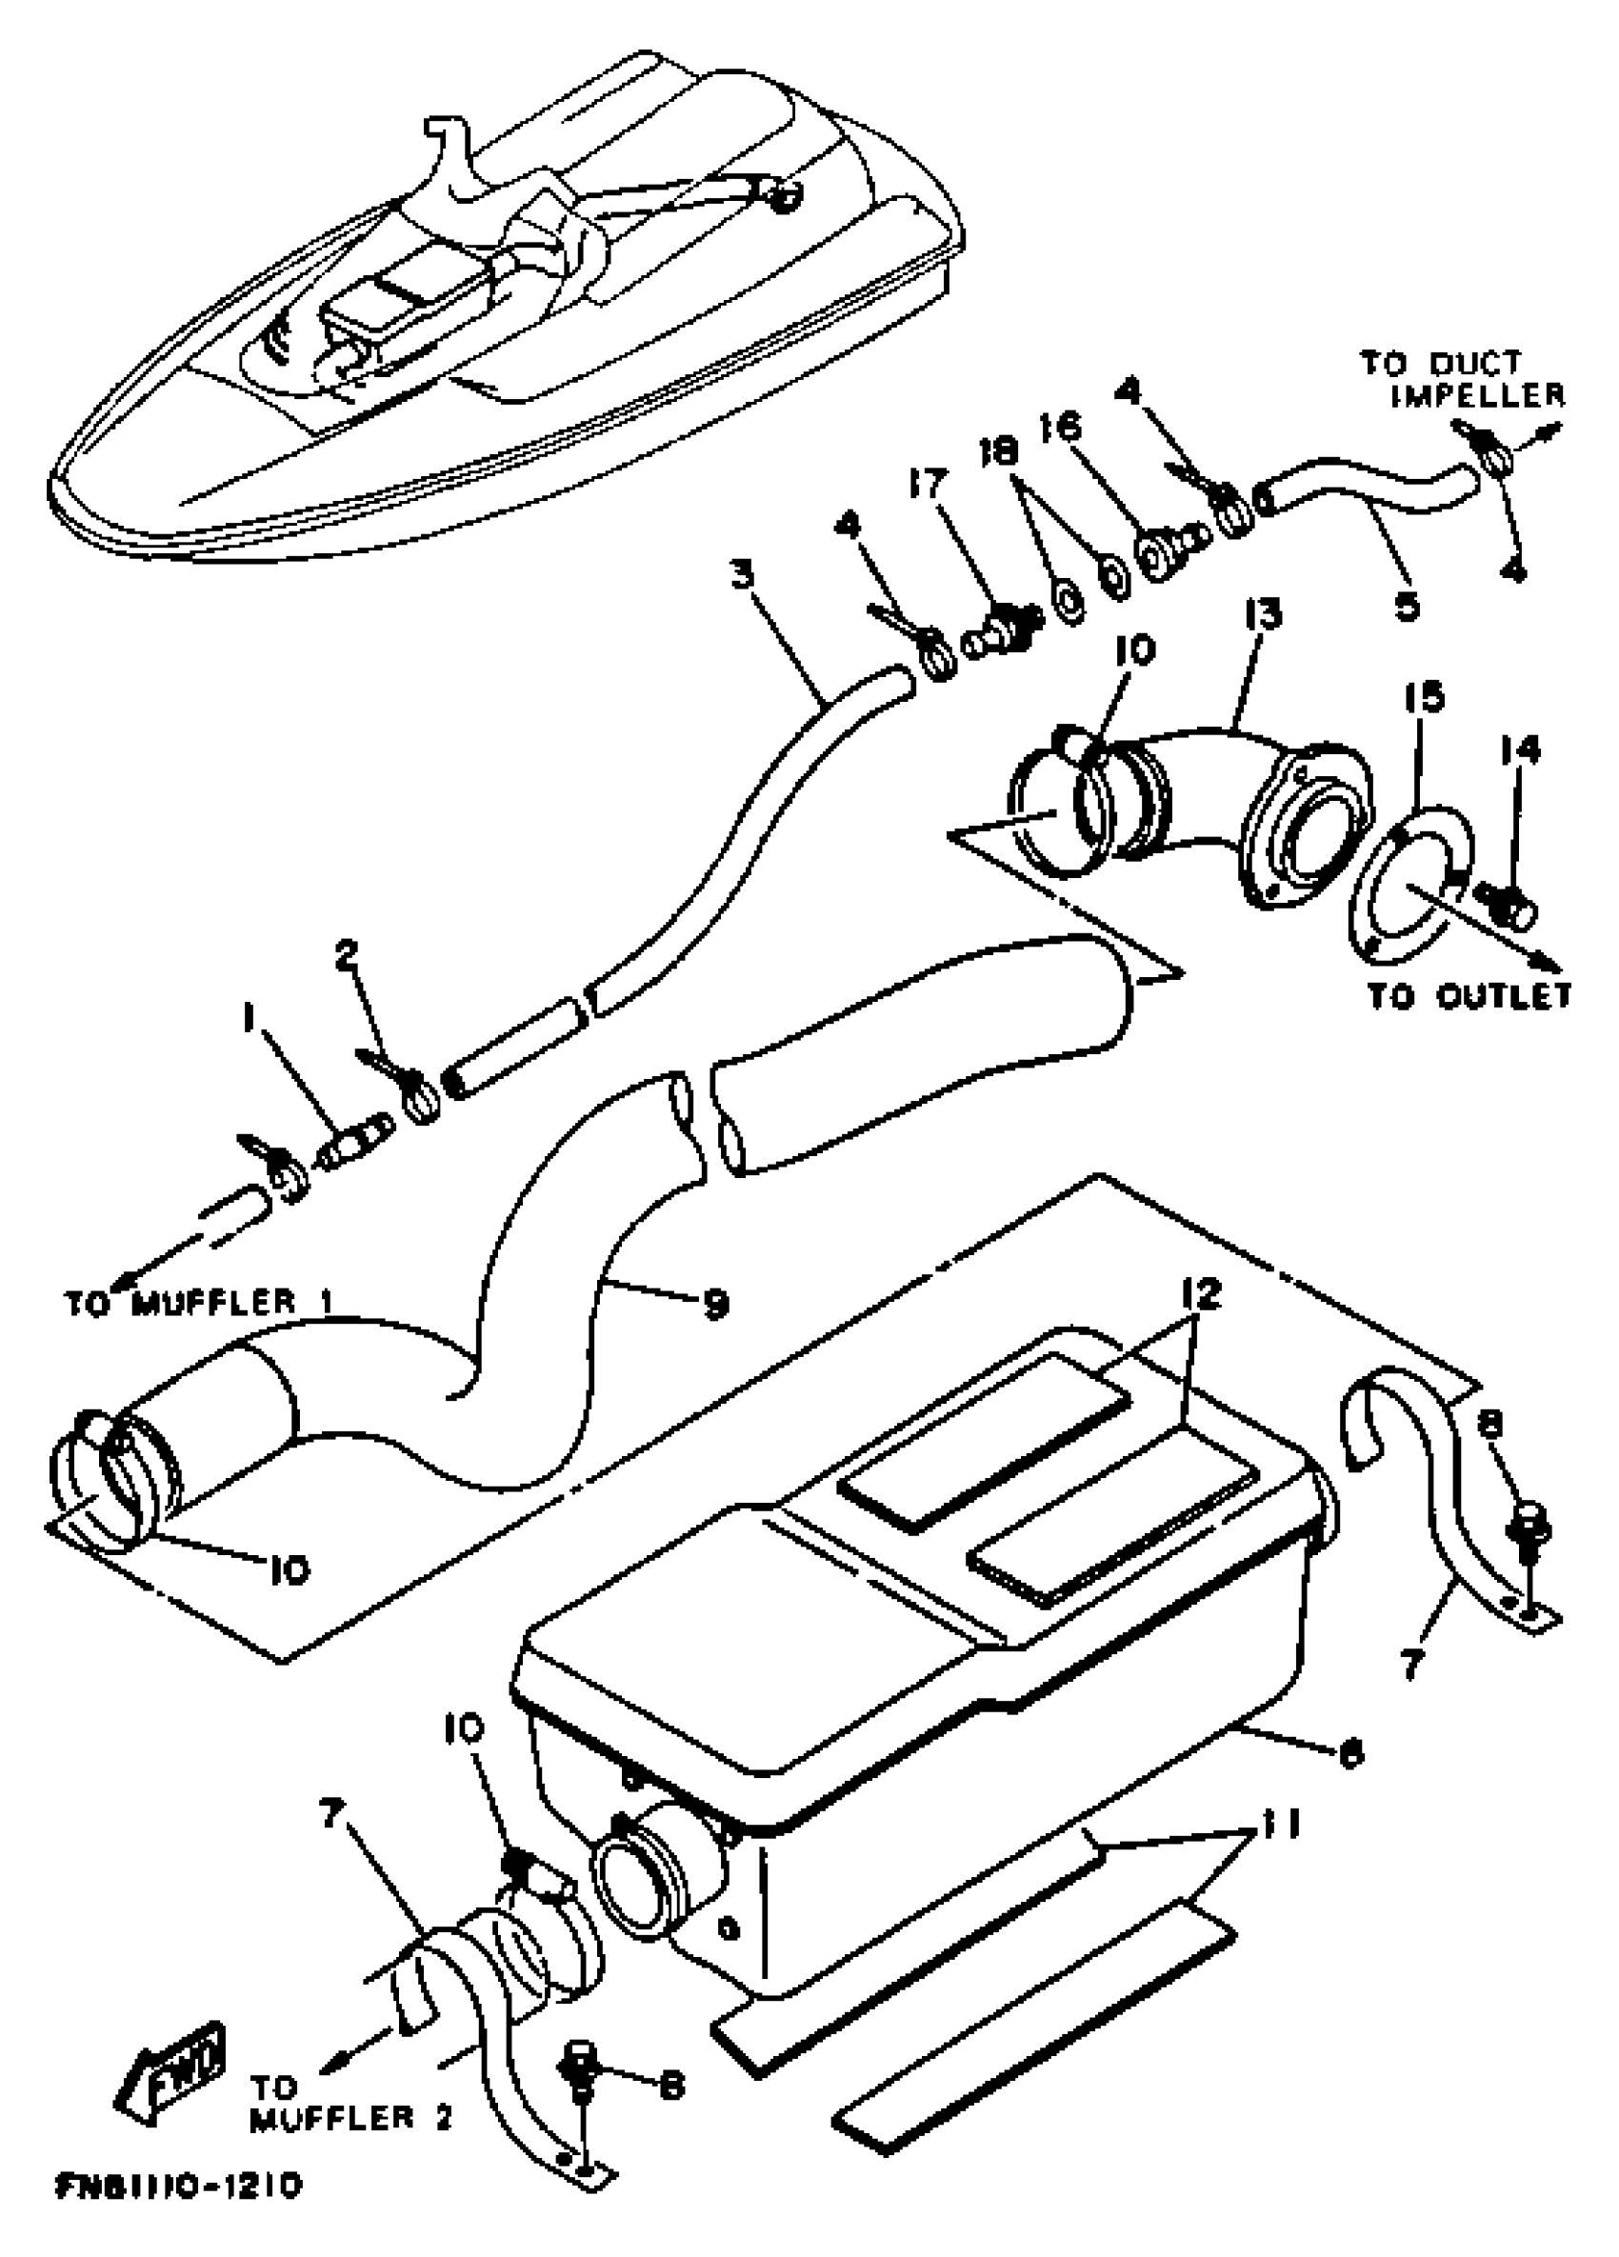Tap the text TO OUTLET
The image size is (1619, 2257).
[x=1469, y=995]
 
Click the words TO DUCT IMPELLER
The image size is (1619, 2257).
[x=1463, y=379]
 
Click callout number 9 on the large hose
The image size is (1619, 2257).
[x=714, y=1303]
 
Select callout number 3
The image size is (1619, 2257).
[x=742, y=574]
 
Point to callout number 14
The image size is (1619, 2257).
[x=1522, y=749]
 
